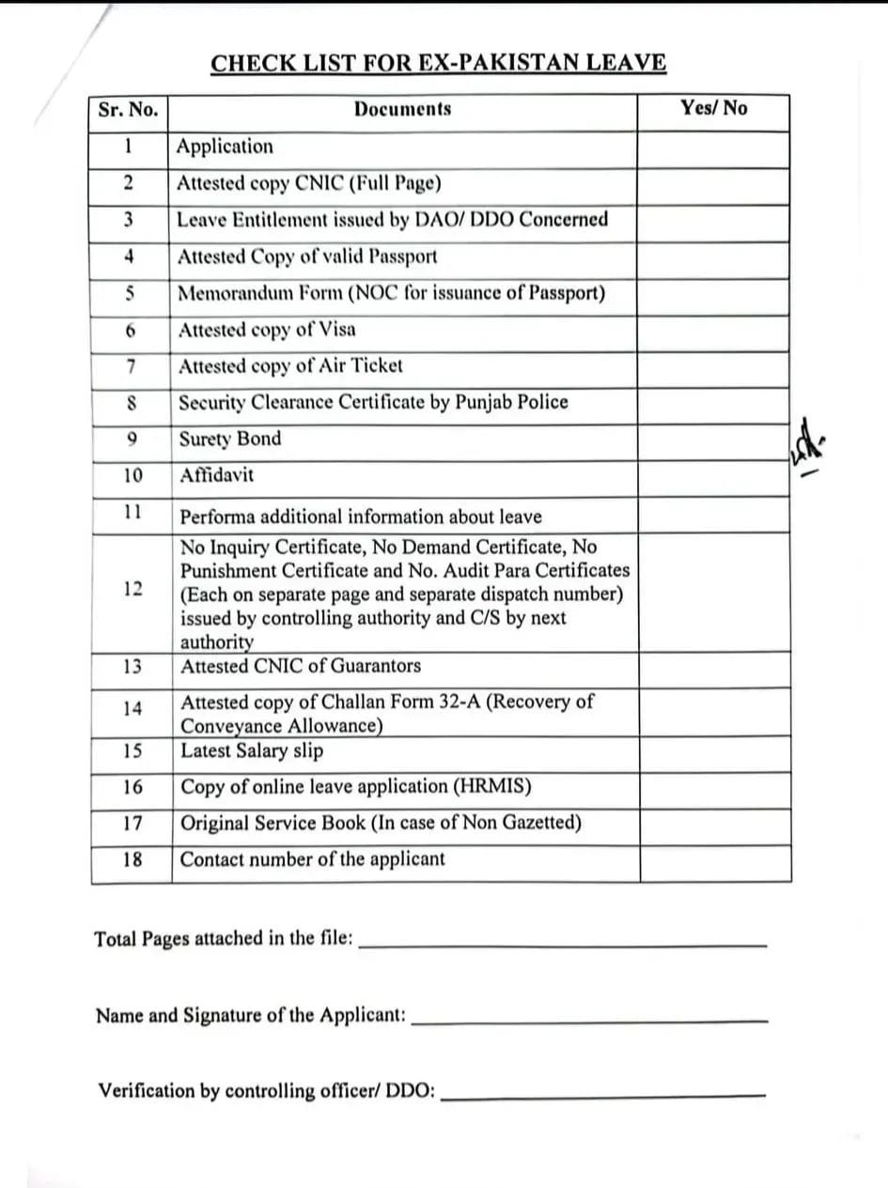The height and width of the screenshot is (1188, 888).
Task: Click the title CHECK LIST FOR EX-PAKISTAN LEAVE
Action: [x=438, y=64]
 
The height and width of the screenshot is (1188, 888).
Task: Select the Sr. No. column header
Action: [x=128, y=109]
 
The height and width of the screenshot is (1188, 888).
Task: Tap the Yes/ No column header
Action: [x=714, y=108]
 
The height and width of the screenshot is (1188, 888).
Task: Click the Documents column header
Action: [x=402, y=109]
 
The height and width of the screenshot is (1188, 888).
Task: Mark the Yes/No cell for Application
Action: [x=714, y=147]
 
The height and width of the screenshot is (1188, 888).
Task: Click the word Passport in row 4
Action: [x=402, y=256]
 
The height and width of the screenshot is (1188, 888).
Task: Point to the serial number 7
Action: [x=132, y=366]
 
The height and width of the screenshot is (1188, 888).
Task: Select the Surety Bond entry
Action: [x=230, y=439]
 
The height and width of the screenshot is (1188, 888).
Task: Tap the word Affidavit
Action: [x=216, y=475]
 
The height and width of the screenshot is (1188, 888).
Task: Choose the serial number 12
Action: [x=132, y=589]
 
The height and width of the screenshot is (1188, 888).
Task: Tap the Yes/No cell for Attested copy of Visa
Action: [x=714, y=331]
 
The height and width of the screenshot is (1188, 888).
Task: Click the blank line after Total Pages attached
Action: [x=563, y=944]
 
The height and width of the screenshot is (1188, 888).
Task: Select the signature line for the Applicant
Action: [x=589, y=1020]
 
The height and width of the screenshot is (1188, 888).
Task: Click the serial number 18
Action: [x=132, y=859]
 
